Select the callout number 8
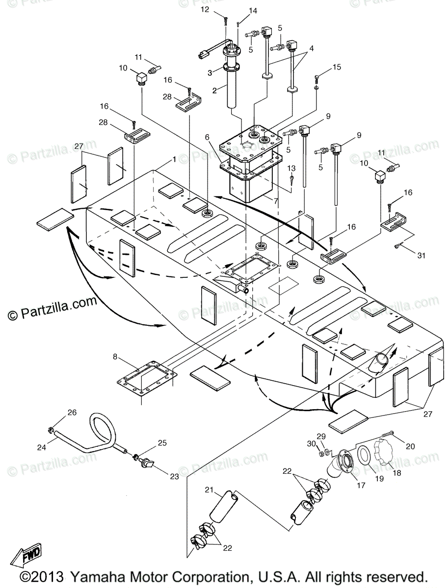click(115, 357)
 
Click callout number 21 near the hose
click(209, 490)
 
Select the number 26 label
click(72, 412)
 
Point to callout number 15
click(336, 67)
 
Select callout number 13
click(291, 169)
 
